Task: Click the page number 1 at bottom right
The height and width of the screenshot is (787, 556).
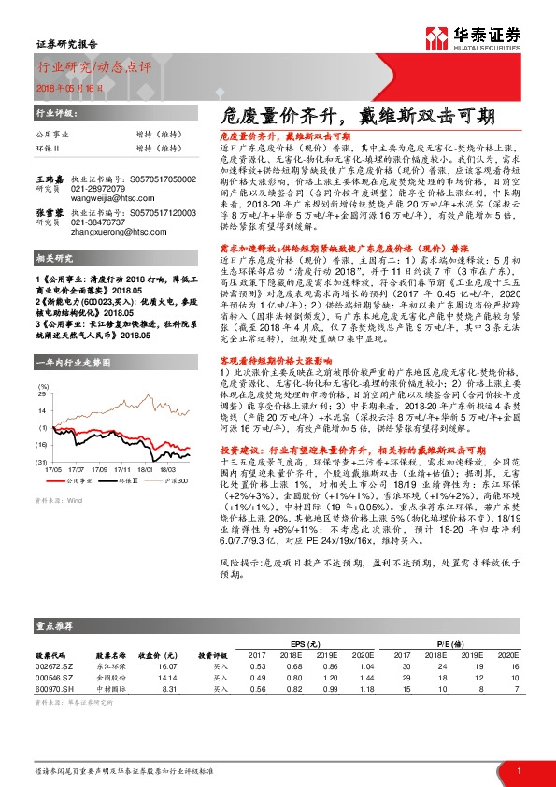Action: (517, 768)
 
